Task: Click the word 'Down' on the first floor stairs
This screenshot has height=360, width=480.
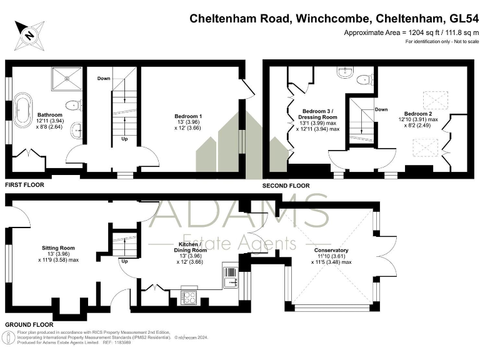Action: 104,79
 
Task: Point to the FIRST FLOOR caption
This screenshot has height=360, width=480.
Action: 24,186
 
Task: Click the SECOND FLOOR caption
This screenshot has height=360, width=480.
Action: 286,186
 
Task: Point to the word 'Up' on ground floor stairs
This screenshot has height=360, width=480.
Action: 126,261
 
